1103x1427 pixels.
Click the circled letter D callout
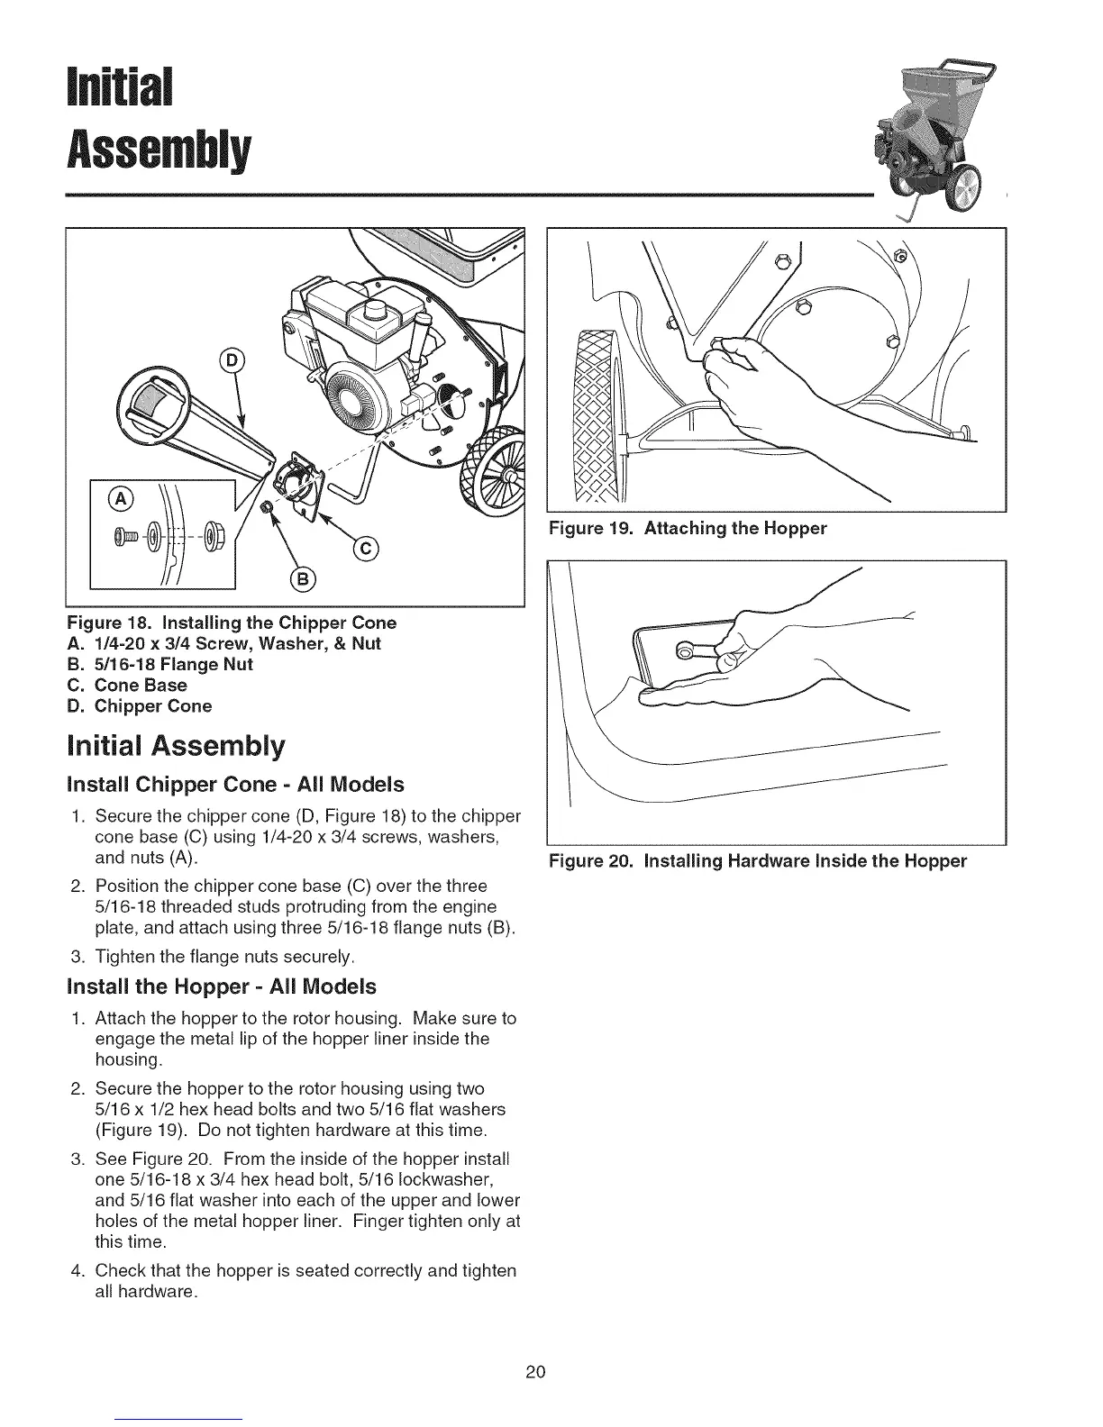232,361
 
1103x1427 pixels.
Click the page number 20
535,1372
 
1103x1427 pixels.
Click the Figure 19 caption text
688,528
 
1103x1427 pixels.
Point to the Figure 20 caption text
758,860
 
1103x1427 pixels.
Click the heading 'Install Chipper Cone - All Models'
236,783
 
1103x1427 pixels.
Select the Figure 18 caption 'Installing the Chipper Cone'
232,623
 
